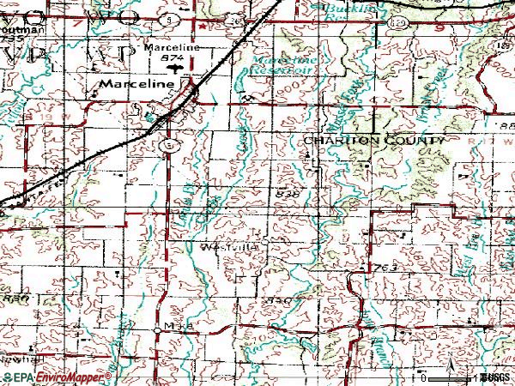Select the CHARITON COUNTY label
[x=373, y=140]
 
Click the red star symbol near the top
[x=201, y=26]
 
